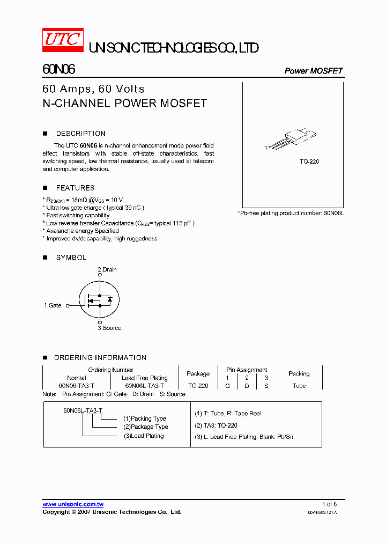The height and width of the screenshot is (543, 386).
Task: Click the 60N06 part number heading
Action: (58, 70)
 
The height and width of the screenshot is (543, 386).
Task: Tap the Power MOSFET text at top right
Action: (313, 71)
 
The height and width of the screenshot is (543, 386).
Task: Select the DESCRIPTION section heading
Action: (80, 134)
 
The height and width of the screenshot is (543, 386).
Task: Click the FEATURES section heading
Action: (75, 188)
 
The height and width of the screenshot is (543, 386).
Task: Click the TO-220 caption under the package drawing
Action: (309, 162)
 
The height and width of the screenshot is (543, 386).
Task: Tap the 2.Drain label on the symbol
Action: (107, 269)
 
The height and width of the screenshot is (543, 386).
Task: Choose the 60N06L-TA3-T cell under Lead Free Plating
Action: (144, 386)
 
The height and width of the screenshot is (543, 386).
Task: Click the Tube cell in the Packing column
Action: (299, 386)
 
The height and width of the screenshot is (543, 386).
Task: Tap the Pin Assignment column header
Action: (247, 370)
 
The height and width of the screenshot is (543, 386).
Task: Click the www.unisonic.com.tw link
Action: (73, 504)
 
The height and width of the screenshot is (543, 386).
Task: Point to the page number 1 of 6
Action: (329, 504)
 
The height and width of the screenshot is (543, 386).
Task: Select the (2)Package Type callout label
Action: (145, 427)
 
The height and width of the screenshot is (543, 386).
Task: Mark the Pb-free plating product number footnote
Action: (291, 213)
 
